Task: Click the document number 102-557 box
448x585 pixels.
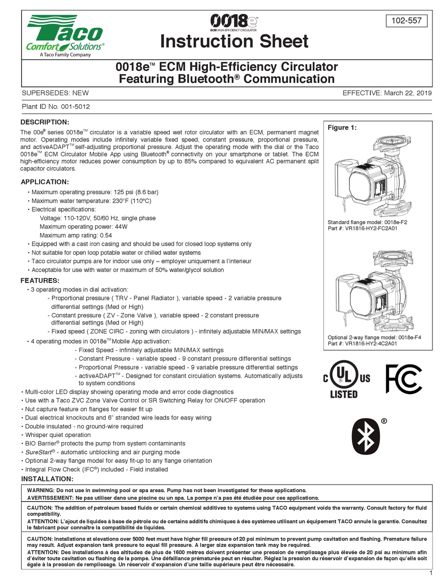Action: [407, 21]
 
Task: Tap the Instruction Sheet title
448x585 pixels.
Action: [234, 41]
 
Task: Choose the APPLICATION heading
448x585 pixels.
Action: [45, 182]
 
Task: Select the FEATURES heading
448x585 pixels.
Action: [40, 280]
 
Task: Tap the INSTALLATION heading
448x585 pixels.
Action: [47, 479]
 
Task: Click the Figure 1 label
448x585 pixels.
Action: [342, 128]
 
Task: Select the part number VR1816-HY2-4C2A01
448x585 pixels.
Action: [370, 344]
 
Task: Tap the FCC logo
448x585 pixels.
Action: [403, 379]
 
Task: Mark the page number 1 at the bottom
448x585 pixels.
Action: [431, 573]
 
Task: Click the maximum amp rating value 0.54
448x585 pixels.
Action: [106, 235]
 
